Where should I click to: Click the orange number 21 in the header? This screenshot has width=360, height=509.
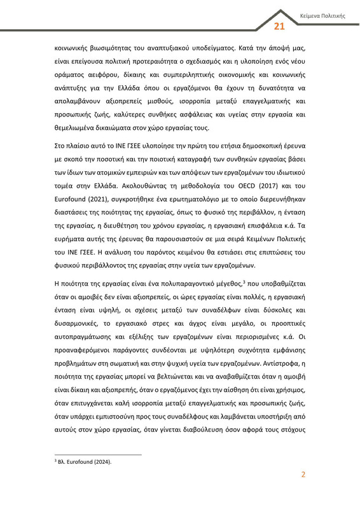(x=279, y=26)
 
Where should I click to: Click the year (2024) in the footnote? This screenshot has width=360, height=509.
(x=99, y=462)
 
